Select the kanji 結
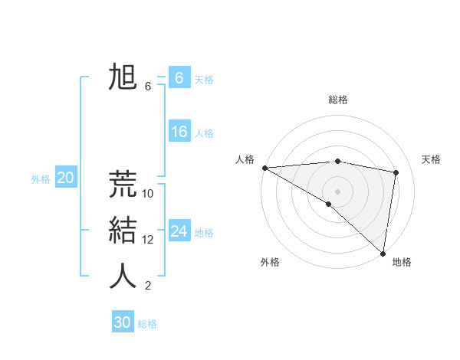click(x=123, y=230)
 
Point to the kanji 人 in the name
click(x=123, y=276)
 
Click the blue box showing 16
click(x=179, y=132)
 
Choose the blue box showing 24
click(x=179, y=231)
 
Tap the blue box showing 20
click(x=66, y=178)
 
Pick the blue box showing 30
click(x=123, y=322)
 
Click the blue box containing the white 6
click(x=179, y=78)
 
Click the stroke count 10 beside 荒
click(x=148, y=194)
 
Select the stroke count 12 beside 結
click(x=148, y=240)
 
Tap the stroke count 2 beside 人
click(x=148, y=286)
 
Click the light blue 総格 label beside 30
click(x=147, y=324)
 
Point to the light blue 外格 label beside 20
click(x=41, y=179)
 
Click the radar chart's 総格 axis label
click(x=338, y=100)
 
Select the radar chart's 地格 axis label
click(x=402, y=262)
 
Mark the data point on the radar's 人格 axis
click(x=264, y=168)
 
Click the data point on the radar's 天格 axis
click(x=396, y=172)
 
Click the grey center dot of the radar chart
click(x=337, y=190)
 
